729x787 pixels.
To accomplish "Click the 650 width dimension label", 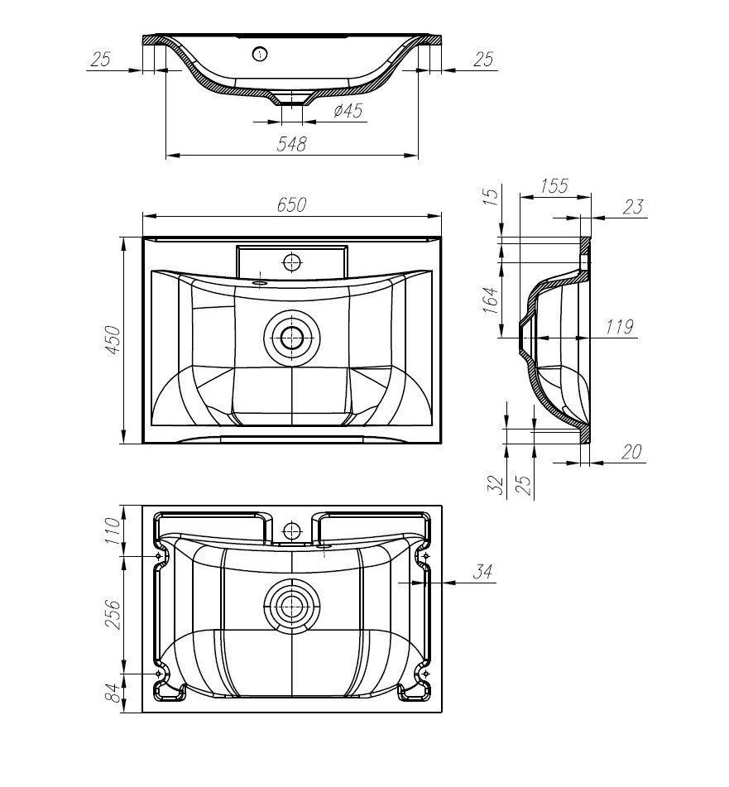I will pyautogui.click(x=291, y=205).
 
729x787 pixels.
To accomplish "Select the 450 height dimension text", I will pyautogui.click(x=113, y=339).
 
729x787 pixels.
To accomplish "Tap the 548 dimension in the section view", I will pyautogui.click(x=291, y=144).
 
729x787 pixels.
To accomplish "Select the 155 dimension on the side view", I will pyautogui.click(x=554, y=185).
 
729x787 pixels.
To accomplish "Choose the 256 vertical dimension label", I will pyautogui.click(x=113, y=613).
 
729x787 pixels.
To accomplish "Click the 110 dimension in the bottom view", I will pyautogui.click(x=113, y=530).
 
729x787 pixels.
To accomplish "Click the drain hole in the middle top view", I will pyautogui.click(x=291, y=337).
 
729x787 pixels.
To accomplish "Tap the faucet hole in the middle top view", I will pyautogui.click(x=291, y=263).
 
